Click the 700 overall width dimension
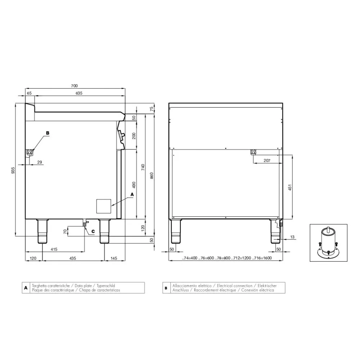click(x=74, y=86)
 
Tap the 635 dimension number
click(x=79, y=93)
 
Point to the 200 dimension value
click(x=134, y=136)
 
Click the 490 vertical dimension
click(x=134, y=185)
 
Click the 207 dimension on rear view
click(x=267, y=161)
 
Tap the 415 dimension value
click(x=54, y=249)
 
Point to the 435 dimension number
click(x=73, y=258)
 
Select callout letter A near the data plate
click(x=132, y=194)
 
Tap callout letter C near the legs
click(x=93, y=231)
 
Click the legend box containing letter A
click(x=26, y=288)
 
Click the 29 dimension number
click(x=40, y=162)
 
